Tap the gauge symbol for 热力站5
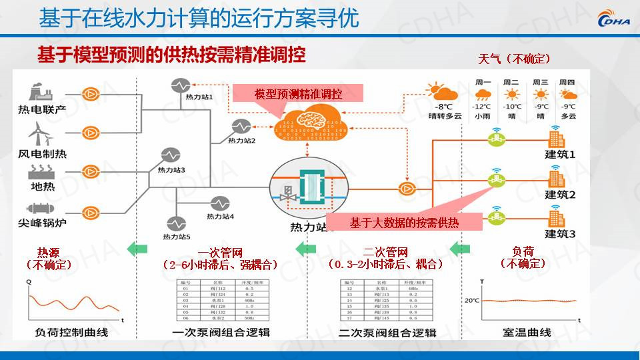177,223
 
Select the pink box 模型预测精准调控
297,93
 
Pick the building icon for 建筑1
556,139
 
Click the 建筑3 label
560,233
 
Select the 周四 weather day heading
568,83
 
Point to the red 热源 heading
48,253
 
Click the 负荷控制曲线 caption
71,332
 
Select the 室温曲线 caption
526,332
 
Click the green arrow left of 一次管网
136,249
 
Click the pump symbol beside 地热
90,171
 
